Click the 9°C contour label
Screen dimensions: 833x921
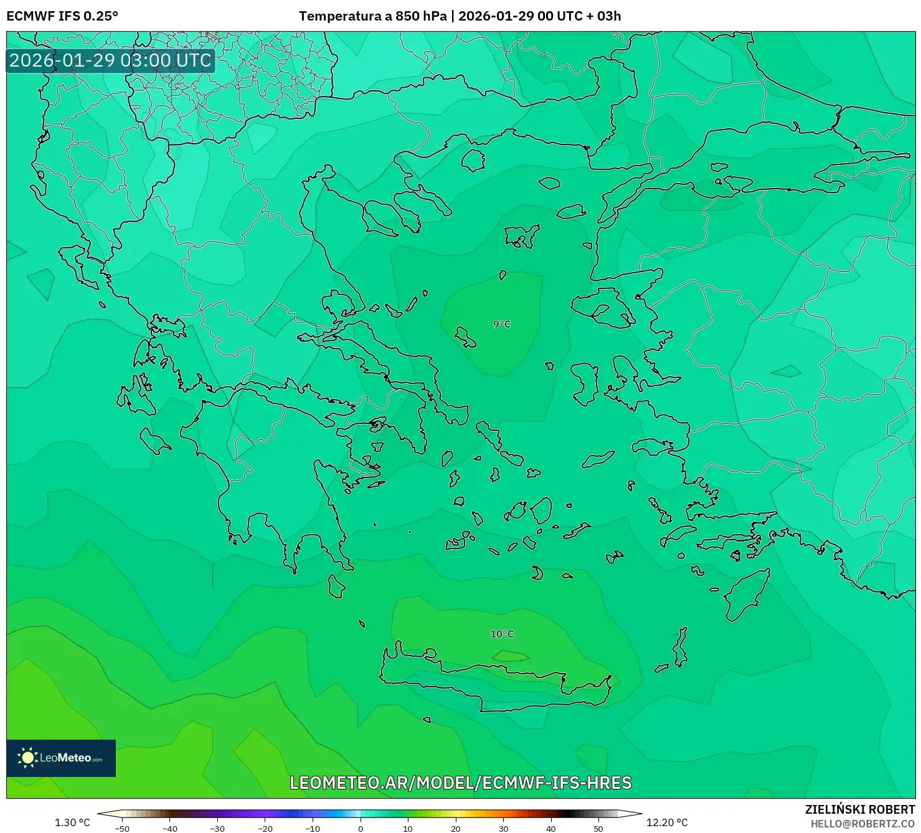tap(502, 324)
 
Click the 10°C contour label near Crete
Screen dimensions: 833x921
tap(502, 634)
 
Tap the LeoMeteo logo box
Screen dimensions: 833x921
tap(61, 758)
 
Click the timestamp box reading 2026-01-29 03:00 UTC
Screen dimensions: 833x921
tap(110, 61)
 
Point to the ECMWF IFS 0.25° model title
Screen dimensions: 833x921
tap(62, 16)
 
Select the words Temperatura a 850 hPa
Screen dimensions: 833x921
tap(372, 16)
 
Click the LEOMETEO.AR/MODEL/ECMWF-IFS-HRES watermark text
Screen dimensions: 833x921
tap(461, 783)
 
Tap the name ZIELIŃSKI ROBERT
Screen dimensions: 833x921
tap(859, 809)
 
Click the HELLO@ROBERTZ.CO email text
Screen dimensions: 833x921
tap(862, 824)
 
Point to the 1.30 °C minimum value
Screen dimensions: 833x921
tap(72, 822)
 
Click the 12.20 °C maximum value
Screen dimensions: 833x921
tap(667, 822)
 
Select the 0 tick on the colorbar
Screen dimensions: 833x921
tap(360, 829)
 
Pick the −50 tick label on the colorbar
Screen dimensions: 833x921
tap(122, 829)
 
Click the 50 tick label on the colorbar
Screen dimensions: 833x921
tap(598, 829)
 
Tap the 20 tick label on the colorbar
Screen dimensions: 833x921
tap(455, 829)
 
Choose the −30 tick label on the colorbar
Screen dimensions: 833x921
tap(217, 829)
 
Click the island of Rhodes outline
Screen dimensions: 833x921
tap(746, 595)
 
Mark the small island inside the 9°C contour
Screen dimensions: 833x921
tap(465, 337)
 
